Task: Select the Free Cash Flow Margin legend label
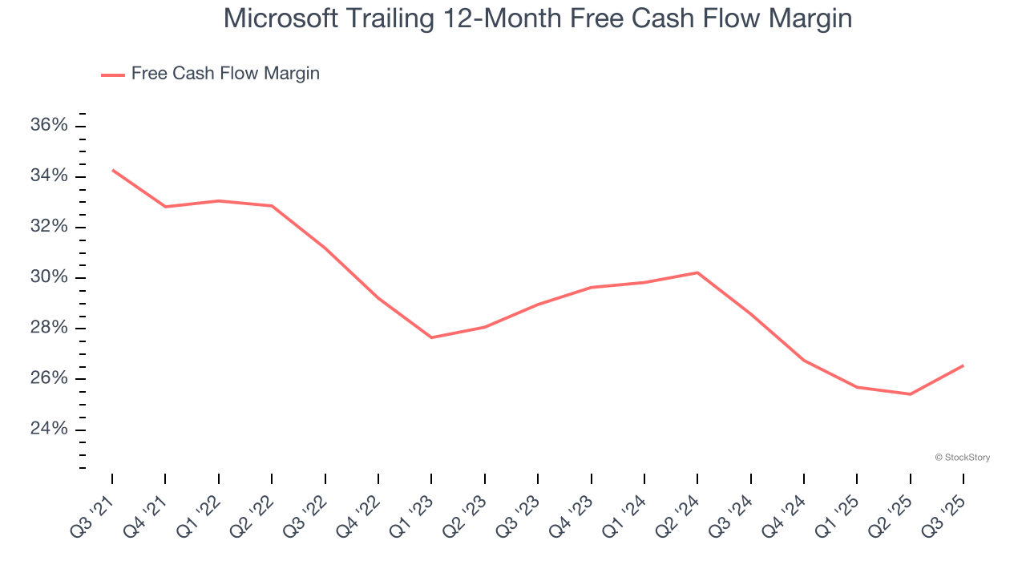tap(225, 74)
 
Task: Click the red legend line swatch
tap(113, 75)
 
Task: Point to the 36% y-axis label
tap(49, 126)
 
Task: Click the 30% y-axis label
tap(49, 278)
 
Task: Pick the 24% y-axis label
tap(49, 430)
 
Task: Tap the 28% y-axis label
tap(49, 329)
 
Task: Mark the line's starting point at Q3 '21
tap(112, 170)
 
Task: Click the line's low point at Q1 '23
tap(431, 337)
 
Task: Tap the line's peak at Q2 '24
tap(697, 272)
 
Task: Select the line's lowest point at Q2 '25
tap(911, 394)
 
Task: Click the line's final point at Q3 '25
tap(963, 365)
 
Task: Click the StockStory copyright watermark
tap(962, 458)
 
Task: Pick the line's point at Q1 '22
tap(219, 200)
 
